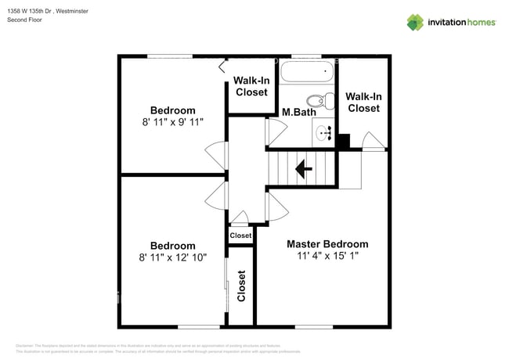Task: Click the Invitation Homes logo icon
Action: pyautogui.click(x=414, y=22)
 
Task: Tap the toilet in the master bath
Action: pyautogui.click(x=317, y=102)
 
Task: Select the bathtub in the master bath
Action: pyautogui.click(x=307, y=74)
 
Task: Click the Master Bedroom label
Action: pyautogui.click(x=327, y=243)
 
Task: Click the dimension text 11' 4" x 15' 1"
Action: pyautogui.click(x=327, y=256)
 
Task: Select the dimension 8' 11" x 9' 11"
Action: pyautogui.click(x=173, y=122)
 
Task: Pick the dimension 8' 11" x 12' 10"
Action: pyautogui.click(x=173, y=257)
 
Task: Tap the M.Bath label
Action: pyautogui.click(x=298, y=113)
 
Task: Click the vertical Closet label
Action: pyautogui.click(x=241, y=286)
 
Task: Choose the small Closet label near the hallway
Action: pyautogui.click(x=240, y=236)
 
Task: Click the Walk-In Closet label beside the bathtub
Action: pyautogui.click(x=251, y=86)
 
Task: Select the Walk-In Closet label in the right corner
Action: pyautogui.click(x=363, y=102)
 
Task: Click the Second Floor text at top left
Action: pyautogui.click(x=24, y=20)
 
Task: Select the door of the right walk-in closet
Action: pyautogui.click(x=374, y=141)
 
